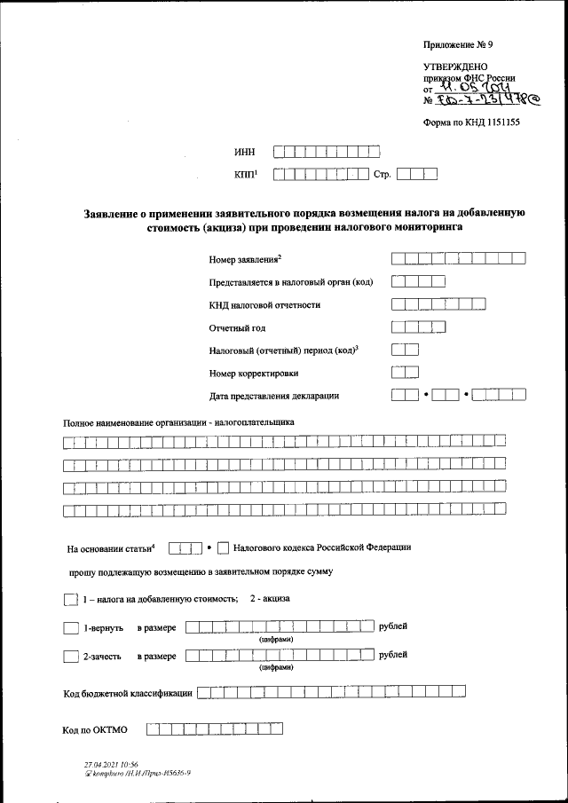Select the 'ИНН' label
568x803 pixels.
click(243, 152)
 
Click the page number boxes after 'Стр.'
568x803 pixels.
click(417, 175)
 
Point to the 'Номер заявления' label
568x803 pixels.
click(245, 259)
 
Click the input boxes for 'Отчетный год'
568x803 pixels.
click(418, 327)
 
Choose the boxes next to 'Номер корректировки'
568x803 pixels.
click(405, 373)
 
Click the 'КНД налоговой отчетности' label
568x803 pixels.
click(264, 305)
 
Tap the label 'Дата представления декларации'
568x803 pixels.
click(274, 396)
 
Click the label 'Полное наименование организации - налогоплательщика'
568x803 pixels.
click(178, 422)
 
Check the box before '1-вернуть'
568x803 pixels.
click(71, 628)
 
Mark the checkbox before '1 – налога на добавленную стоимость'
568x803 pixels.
click(71, 599)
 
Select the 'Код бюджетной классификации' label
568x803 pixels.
click(128, 692)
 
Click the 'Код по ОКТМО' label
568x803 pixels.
click(96, 730)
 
